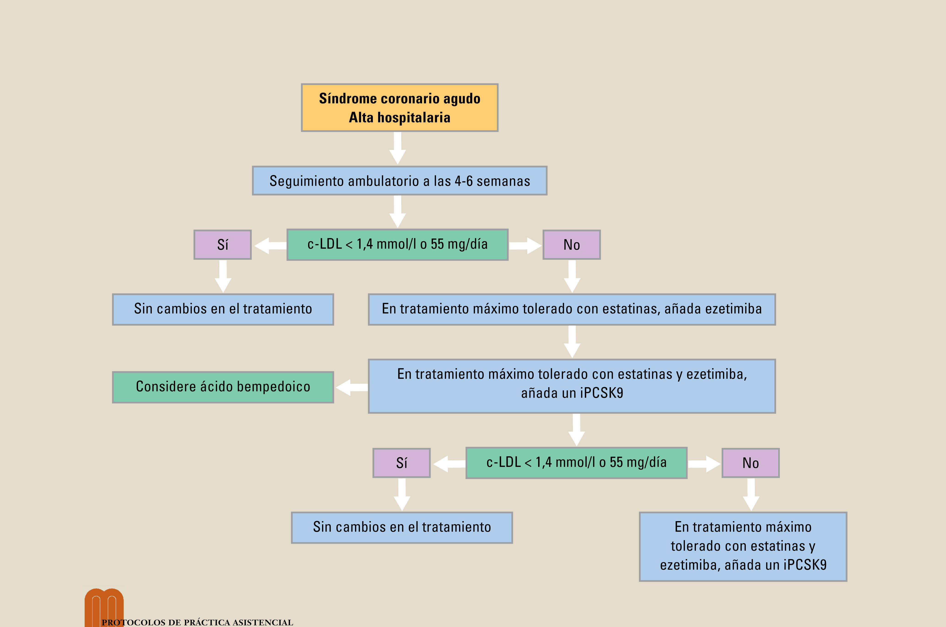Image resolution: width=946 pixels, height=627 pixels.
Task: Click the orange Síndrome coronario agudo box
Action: click(x=399, y=107)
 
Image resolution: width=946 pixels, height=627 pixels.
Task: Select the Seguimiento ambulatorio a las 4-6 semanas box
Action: click(x=399, y=181)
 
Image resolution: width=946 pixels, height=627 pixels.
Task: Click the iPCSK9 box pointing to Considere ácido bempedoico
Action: click(x=572, y=386)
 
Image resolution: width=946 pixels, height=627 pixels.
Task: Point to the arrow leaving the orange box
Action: click(x=397, y=148)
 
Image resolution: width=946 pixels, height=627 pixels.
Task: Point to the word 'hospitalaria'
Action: click(x=414, y=118)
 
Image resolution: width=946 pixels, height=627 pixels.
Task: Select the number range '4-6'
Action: click(x=464, y=181)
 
